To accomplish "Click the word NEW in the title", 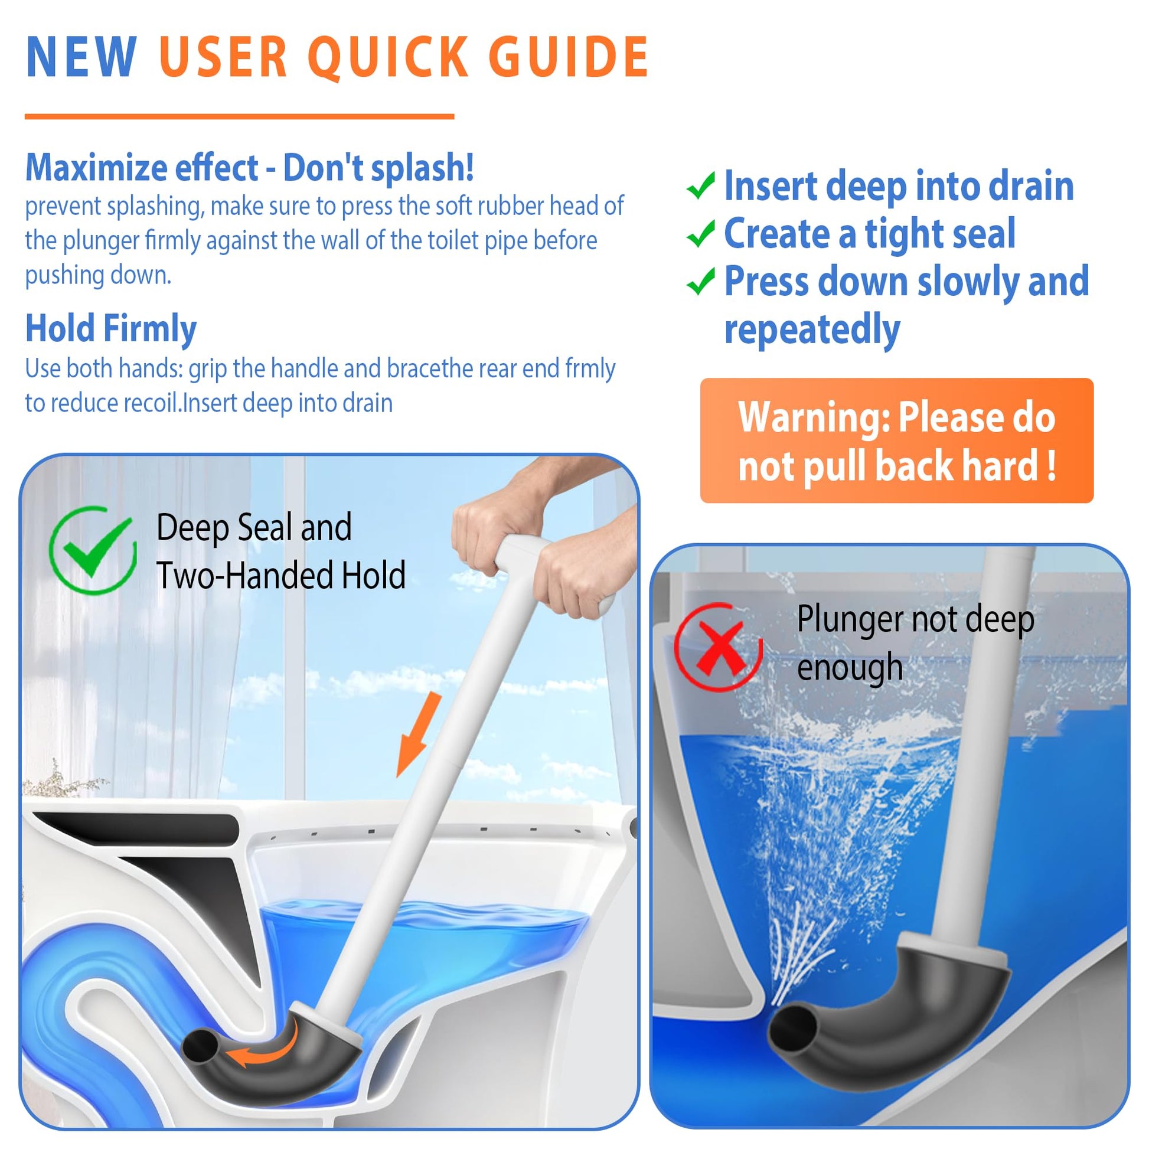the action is (81, 57).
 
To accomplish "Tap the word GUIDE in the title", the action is (569, 57).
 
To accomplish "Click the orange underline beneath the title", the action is (239, 116).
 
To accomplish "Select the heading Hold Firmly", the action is (110, 328).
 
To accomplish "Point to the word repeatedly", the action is (812, 330).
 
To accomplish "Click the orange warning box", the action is (897, 440).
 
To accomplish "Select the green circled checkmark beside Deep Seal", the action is (92, 550).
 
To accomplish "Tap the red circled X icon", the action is (718, 647).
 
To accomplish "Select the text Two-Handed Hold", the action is (280, 576).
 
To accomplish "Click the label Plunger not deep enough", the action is (915, 644).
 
